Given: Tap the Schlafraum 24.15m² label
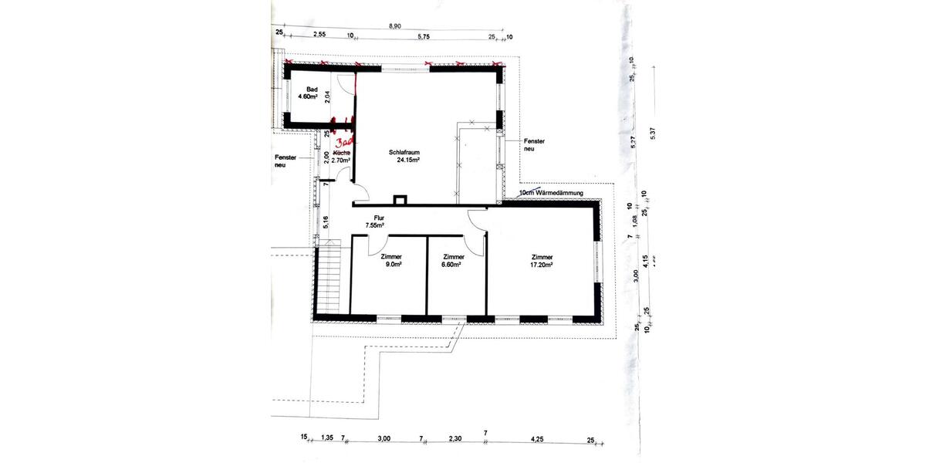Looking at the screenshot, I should pyautogui.click(x=408, y=157).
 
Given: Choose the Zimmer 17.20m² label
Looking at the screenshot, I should pyautogui.click(x=542, y=261).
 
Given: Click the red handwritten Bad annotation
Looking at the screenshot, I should pyautogui.click(x=346, y=144).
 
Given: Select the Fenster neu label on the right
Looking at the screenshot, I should pyautogui.click(x=534, y=146).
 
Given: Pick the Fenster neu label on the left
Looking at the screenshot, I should pyautogui.click(x=286, y=161).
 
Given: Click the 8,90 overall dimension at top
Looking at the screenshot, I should pyautogui.click(x=394, y=26).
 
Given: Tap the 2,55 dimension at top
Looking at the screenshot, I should pyautogui.click(x=320, y=35).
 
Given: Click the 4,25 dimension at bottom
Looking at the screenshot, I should pyautogui.click(x=537, y=438).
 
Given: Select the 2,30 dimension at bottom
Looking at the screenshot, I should pyautogui.click(x=455, y=438).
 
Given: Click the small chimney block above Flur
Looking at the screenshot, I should pyautogui.click(x=400, y=201).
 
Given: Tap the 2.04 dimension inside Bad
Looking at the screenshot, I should pyautogui.click(x=327, y=96).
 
